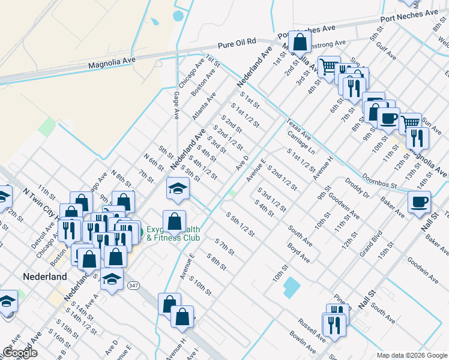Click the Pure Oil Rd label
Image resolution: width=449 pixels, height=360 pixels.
point(237,43)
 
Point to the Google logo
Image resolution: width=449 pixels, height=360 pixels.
point(19,353)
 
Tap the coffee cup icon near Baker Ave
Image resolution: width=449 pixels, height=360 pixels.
point(419,202)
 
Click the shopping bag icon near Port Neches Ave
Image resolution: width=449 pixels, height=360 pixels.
point(300,42)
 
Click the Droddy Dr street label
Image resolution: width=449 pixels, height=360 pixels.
point(363,188)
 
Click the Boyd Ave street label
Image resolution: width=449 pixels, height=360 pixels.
point(298,253)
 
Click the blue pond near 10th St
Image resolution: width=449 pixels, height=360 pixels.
point(291,288)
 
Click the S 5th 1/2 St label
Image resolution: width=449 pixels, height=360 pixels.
point(240,223)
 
